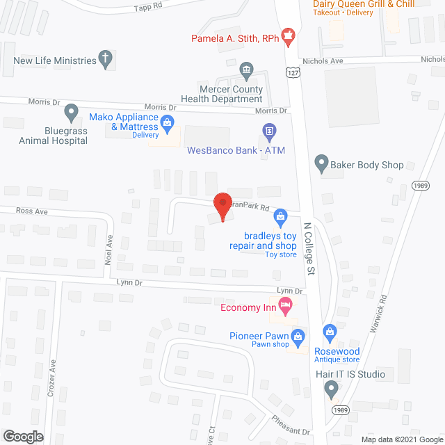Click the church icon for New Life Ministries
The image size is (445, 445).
[106, 59]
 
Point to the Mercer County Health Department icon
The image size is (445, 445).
[246, 70]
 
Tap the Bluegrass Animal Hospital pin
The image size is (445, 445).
[71, 111]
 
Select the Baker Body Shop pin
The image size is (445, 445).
[321, 164]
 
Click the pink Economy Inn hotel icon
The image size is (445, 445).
[284, 304]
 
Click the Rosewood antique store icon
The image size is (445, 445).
[331, 331]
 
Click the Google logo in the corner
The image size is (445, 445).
[22, 437]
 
